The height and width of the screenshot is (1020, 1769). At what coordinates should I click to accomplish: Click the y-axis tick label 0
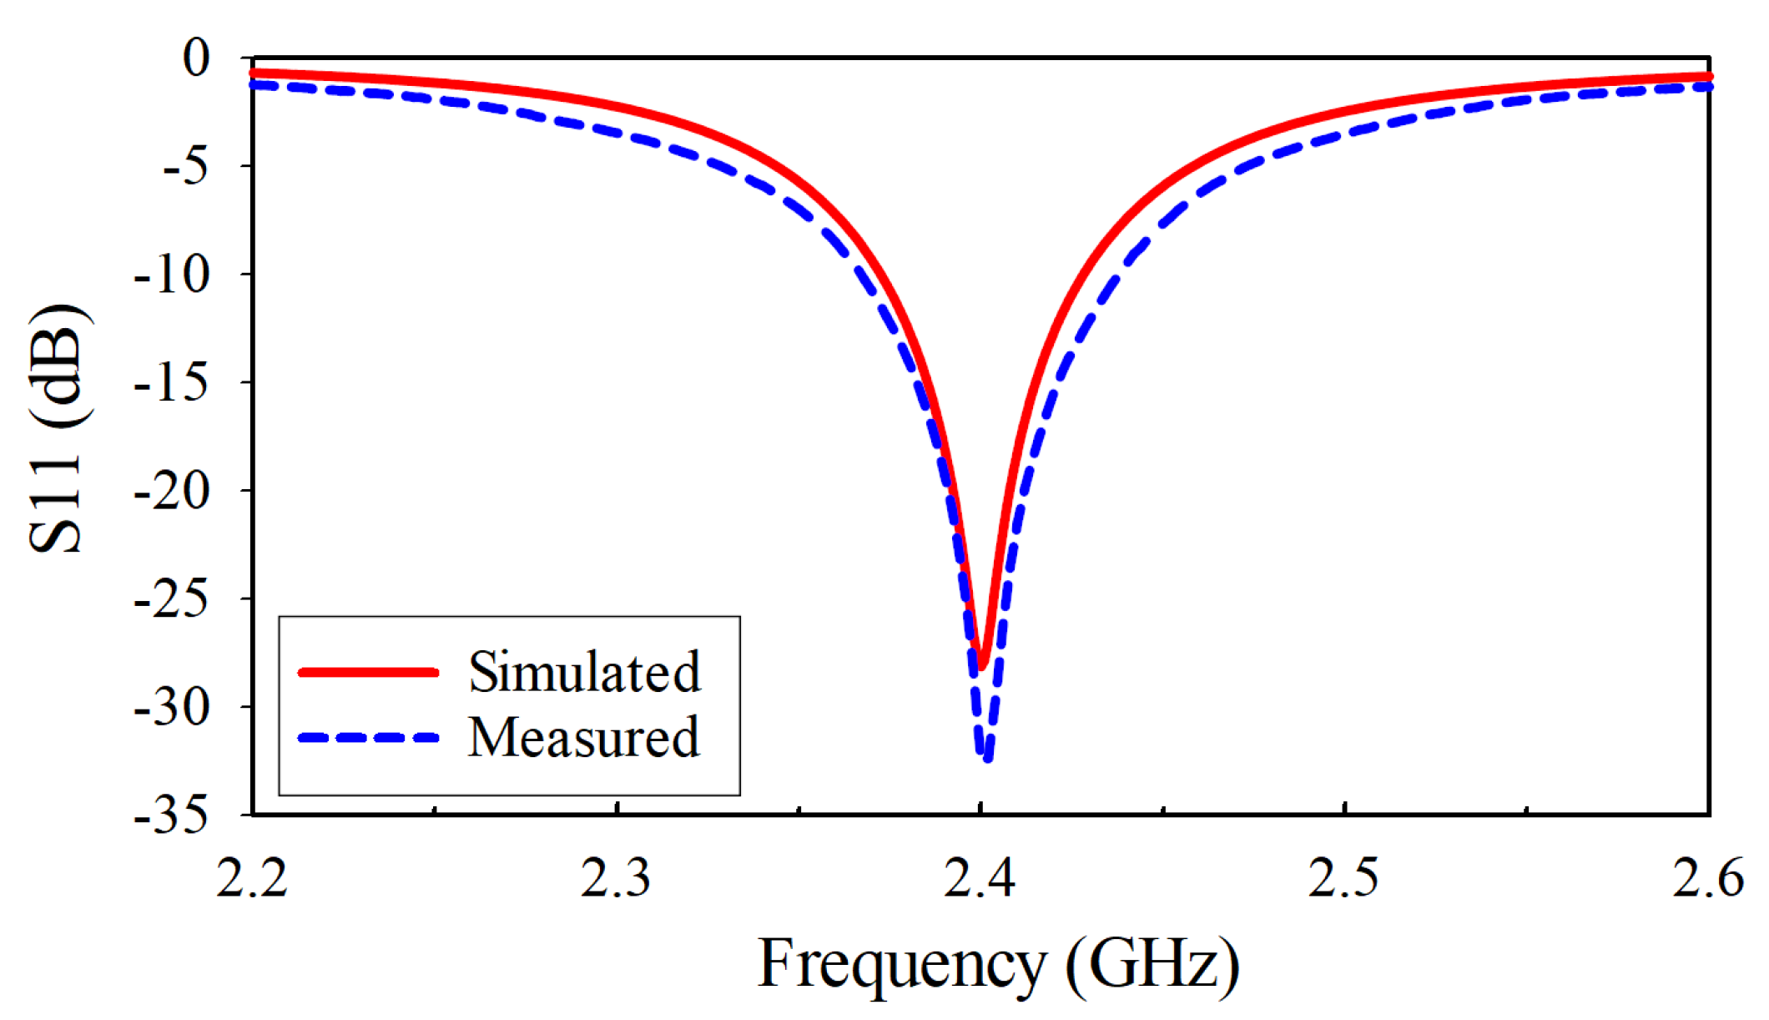pyautogui.click(x=197, y=58)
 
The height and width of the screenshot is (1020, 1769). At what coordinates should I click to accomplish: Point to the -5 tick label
pyautogui.click(x=184, y=167)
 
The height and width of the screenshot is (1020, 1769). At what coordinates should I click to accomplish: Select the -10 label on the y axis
pyautogui.click(x=172, y=275)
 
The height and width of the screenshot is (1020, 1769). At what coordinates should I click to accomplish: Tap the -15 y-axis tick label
pyautogui.click(x=172, y=383)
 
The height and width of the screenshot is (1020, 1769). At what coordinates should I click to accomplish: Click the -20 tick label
pyautogui.click(x=172, y=492)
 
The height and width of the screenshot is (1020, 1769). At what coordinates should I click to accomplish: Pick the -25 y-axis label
pyautogui.click(x=172, y=599)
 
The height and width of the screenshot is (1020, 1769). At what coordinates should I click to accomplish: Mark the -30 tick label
pyautogui.click(x=172, y=708)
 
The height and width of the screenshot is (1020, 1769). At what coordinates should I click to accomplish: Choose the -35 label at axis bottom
pyautogui.click(x=172, y=815)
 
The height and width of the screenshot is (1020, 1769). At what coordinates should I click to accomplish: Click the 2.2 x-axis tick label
pyautogui.click(x=251, y=879)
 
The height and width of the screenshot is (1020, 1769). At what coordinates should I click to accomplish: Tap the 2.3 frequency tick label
pyautogui.click(x=616, y=879)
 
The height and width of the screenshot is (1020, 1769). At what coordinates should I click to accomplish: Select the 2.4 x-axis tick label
pyautogui.click(x=980, y=879)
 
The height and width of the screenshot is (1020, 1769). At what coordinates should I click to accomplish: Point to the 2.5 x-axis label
pyautogui.click(x=1343, y=879)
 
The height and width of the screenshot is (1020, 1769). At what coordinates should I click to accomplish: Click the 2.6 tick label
pyautogui.click(x=1707, y=879)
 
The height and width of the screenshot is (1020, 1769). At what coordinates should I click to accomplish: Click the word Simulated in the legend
pyautogui.click(x=584, y=672)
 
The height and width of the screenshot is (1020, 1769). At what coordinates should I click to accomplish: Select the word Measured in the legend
pyautogui.click(x=583, y=738)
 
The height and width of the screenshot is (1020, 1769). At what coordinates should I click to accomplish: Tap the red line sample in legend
pyautogui.click(x=368, y=672)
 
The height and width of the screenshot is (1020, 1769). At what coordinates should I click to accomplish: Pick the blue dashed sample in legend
pyautogui.click(x=368, y=738)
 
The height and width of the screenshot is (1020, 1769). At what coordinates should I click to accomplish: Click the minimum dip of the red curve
pyautogui.click(x=982, y=666)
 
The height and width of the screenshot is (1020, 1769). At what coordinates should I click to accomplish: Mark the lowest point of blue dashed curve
pyautogui.click(x=988, y=758)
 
